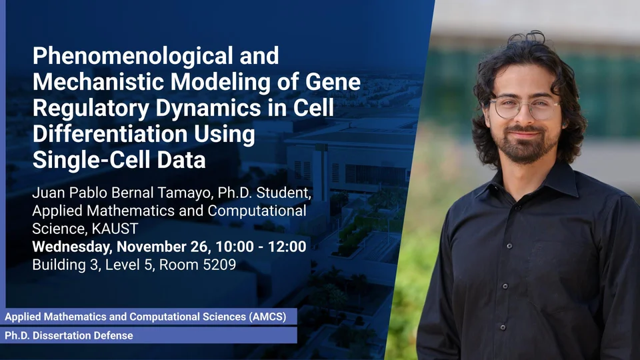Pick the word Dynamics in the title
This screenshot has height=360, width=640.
(208, 108)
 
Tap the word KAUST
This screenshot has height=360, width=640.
(115, 229)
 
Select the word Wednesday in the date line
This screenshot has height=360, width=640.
(72, 247)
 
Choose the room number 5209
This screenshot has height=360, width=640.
(219, 265)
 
